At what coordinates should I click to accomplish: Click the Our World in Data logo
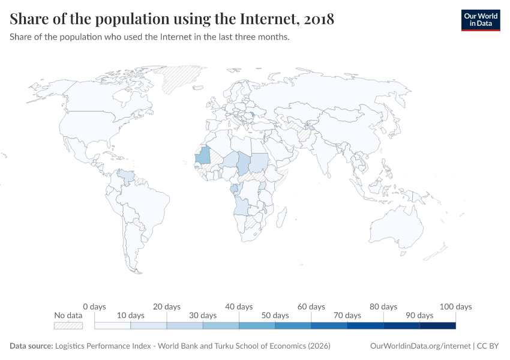coord(480,20)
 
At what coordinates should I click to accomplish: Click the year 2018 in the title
coord(319,19)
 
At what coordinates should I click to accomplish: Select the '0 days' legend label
coord(94,307)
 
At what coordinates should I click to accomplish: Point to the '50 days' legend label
coord(275,315)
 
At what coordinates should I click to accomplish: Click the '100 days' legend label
coord(455,307)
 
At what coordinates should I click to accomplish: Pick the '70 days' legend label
coord(347,315)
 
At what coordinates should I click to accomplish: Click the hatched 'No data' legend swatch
coord(68,325)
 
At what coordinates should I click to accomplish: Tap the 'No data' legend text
coord(68,315)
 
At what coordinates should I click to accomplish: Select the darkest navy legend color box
coord(437,325)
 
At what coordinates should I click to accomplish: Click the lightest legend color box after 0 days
coord(113,325)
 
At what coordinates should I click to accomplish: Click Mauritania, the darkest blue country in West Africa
coord(204,155)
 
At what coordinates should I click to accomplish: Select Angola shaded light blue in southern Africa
coord(241,206)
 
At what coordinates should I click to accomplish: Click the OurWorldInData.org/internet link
coord(420,346)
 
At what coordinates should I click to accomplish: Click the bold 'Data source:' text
coord(31,346)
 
